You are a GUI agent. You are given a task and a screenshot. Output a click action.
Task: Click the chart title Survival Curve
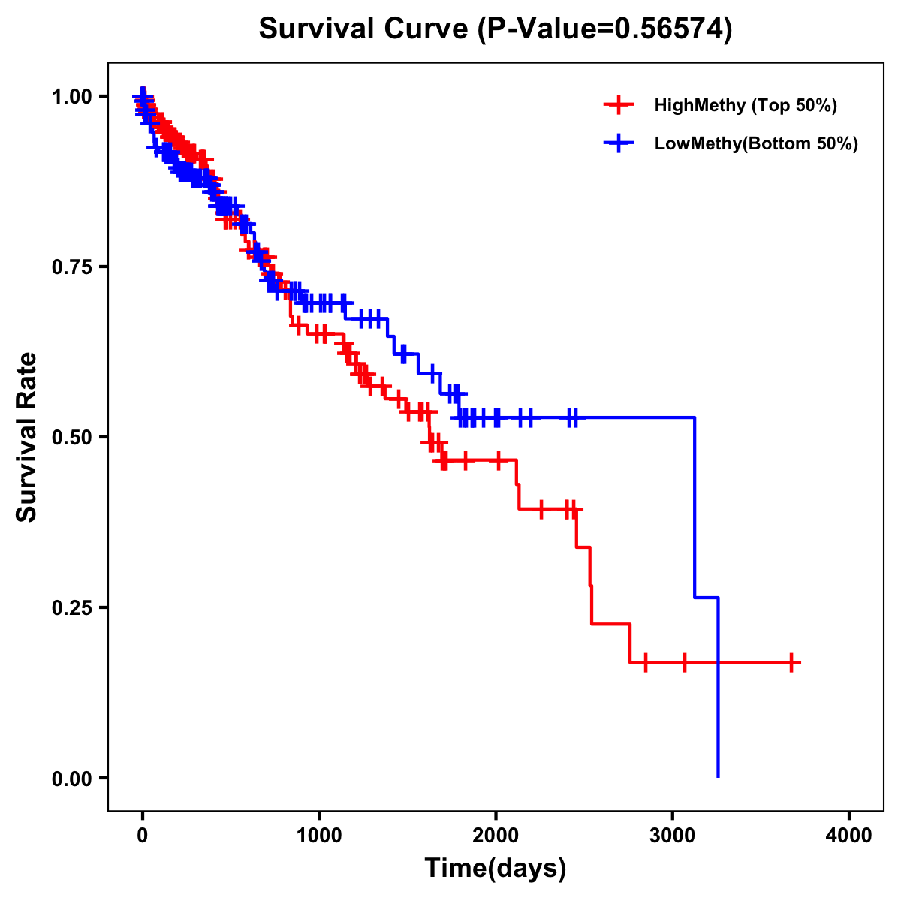tap(366, 29)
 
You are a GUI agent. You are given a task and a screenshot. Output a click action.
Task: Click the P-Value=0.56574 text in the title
tap(606, 29)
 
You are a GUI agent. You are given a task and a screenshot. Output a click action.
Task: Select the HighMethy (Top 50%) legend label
tap(745, 105)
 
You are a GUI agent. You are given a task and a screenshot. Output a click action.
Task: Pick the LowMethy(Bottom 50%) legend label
tap(756, 143)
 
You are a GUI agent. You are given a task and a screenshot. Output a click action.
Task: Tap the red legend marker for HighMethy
tap(618, 105)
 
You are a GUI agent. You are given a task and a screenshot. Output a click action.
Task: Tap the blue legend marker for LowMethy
tap(618, 143)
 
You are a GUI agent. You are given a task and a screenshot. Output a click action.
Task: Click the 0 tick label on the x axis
tap(143, 836)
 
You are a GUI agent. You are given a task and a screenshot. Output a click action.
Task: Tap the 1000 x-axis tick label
tap(319, 836)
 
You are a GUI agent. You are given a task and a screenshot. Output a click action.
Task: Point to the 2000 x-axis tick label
tap(496, 836)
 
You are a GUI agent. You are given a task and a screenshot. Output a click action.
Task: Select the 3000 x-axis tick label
tap(673, 836)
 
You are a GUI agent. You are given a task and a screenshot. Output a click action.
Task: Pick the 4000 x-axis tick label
tap(849, 836)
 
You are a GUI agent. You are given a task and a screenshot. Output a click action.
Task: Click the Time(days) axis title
tap(496, 869)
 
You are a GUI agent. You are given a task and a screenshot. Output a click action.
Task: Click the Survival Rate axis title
tap(27, 437)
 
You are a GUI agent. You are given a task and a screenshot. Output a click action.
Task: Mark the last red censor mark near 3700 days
tap(791, 663)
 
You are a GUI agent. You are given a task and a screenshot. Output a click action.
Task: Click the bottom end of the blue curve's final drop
tap(719, 776)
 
